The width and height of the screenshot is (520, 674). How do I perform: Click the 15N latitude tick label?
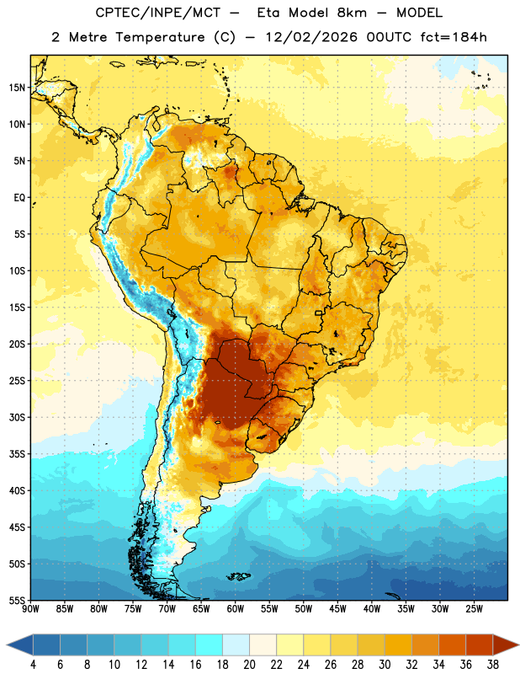click(17, 88)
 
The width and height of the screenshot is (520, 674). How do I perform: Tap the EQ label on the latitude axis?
click(19, 198)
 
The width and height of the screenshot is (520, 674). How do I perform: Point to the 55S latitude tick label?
click(17, 601)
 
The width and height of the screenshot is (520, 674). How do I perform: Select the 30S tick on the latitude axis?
click(17, 417)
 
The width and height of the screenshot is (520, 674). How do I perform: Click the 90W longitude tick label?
click(30, 609)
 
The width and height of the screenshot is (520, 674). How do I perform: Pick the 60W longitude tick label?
click(236, 609)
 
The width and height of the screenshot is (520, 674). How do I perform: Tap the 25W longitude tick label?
click(474, 609)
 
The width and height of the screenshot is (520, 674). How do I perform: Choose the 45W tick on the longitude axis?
click(337, 609)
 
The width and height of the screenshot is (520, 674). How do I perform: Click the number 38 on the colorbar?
click(492, 665)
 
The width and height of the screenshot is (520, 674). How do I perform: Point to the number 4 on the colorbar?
click(33, 665)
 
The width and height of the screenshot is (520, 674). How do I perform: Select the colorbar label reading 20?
click(249, 665)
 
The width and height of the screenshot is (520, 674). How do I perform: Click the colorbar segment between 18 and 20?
click(236, 645)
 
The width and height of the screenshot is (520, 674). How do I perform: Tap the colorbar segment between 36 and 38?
click(480, 645)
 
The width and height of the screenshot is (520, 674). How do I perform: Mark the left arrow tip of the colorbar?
click(7, 645)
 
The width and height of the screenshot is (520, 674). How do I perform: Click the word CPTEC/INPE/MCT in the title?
click(157, 13)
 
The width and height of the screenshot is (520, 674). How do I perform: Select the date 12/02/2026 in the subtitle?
click(311, 37)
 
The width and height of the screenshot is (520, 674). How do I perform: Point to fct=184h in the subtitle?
click(454, 37)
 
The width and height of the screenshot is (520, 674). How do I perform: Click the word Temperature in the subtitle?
click(160, 38)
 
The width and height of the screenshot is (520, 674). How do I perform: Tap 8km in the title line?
click(352, 13)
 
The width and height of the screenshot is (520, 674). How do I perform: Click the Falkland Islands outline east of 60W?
click(239, 576)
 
